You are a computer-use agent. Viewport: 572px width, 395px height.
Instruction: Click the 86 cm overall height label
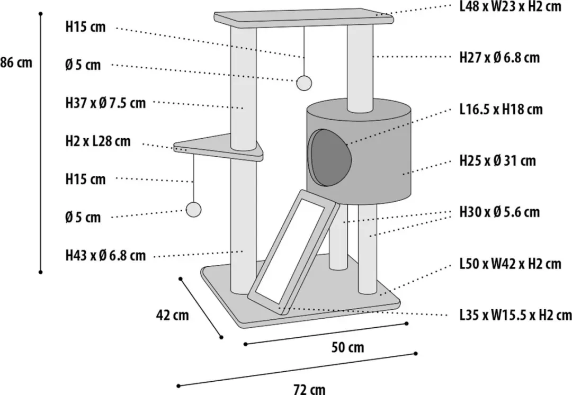click(16, 62)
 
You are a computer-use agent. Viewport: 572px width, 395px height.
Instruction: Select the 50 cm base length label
click(347, 347)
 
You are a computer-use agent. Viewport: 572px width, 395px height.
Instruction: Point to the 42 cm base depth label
click(173, 315)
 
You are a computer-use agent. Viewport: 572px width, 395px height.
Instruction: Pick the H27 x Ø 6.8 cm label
click(499, 58)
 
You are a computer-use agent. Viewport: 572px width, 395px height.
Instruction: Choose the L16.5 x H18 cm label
click(501, 109)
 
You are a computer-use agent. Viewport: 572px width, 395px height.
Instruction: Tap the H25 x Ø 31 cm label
click(497, 160)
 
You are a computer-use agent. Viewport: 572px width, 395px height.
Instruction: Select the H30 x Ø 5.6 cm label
click(499, 212)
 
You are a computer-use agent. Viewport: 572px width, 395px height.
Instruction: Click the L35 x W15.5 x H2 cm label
click(515, 315)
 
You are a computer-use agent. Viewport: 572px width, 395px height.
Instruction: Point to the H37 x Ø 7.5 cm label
click(105, 103)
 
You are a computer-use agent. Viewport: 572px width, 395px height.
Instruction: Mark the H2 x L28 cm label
click(98, 141)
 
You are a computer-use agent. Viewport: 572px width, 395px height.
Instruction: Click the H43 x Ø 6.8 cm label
click(105, 256)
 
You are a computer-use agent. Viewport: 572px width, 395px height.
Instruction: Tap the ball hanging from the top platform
click(303, 83)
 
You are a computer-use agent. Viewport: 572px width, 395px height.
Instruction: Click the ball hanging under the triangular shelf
click(193, 210)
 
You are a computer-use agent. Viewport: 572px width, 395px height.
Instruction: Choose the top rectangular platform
click(303, 19)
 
